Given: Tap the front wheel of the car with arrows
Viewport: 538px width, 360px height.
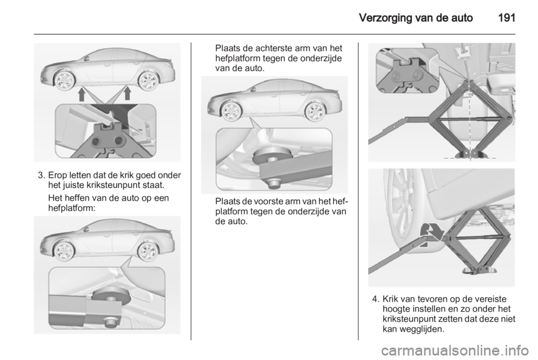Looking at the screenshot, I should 64,80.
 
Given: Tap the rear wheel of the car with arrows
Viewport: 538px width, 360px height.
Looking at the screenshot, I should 147,80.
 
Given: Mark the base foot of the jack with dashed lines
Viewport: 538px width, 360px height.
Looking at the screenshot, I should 467,153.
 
